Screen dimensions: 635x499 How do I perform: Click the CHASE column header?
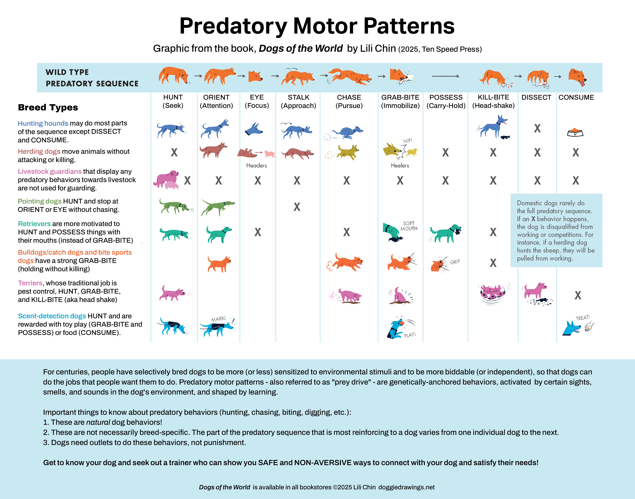(349, 101)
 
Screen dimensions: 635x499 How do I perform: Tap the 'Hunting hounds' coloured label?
(43, 123)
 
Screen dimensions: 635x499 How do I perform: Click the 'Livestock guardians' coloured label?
(50, 171)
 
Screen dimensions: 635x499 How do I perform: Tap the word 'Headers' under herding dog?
(256, 166)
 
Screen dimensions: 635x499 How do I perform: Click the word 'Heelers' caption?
(400, 166)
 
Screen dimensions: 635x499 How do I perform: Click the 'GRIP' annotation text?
(455, 262)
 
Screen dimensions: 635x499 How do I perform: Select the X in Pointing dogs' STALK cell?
(297, 207)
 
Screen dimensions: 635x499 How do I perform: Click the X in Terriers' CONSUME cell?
(578, 295)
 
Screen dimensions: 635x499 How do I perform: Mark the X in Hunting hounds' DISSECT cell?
(537, 129)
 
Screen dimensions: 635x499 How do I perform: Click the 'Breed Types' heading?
(48, 108)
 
